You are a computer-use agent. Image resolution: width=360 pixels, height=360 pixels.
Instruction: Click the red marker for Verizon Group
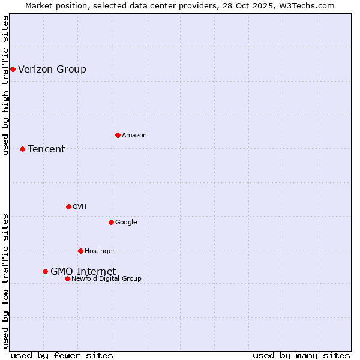pos(13,70)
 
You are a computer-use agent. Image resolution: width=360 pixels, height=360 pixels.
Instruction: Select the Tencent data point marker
pos(22,149)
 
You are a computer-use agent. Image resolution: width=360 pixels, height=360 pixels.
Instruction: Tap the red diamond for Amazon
pos(118,135)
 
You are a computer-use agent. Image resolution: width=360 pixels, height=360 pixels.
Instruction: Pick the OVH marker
pos(68,206)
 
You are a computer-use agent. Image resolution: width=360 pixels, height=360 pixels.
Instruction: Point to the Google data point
pos(111,222)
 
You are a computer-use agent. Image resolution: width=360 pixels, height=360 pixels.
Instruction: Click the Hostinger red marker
pos(80,251)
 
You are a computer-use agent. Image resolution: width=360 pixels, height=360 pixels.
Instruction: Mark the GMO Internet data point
pos(45,271)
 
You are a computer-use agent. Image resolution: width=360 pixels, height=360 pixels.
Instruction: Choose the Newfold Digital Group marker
pos(67,278)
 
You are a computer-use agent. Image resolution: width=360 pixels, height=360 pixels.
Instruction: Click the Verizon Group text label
pos(52,70)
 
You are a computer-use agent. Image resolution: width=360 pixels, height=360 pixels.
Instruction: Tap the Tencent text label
pos(46,149)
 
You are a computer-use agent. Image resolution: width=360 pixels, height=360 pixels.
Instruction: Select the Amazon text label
pos(134,136)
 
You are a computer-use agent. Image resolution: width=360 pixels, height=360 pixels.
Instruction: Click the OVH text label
pos(80,207)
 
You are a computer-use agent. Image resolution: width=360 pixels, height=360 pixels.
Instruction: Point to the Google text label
pos(126,223)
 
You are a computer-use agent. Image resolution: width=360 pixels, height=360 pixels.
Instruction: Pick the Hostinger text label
pos(100,251)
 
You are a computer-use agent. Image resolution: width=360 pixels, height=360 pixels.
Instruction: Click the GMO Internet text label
pos(83,272)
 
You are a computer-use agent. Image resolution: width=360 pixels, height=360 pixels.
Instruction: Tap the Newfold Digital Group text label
pos(106,279)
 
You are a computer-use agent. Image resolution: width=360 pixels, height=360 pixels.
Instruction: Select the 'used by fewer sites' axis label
pos(62,355)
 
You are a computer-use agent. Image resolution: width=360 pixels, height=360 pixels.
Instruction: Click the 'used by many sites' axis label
pos(301,355)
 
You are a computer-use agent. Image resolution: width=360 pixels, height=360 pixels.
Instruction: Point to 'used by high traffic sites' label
pos(5,85)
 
